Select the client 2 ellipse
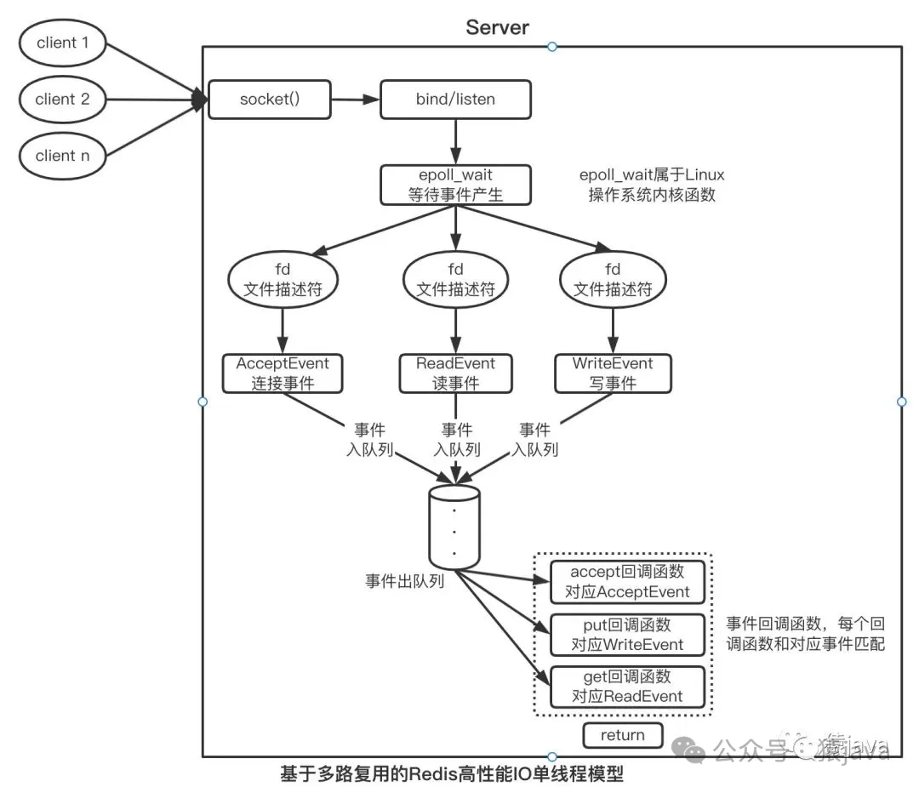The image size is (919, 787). (62, 100)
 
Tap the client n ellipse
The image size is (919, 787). (62, 156)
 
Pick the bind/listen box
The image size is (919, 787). (455, 100)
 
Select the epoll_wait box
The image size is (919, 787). (455, 185)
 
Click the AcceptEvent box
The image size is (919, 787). (283, 374)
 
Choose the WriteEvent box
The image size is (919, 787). (613, 374)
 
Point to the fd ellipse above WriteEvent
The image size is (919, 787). (613, 280)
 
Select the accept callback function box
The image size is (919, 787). (627, 581)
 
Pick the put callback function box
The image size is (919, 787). (627, 634)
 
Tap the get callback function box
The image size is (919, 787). (627, 687)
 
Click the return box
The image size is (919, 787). (622, 735)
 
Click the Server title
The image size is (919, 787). (498, 27)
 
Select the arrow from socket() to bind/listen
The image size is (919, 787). (354, 100)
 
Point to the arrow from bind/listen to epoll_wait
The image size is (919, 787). (456, 141)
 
